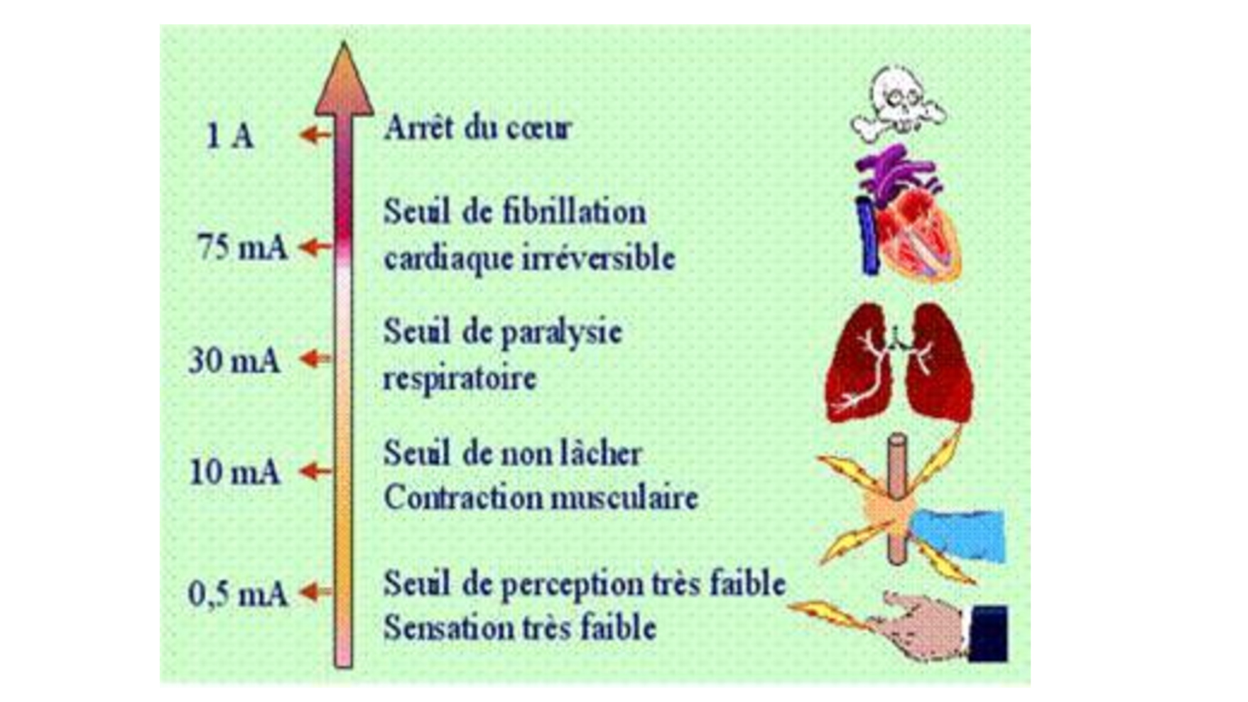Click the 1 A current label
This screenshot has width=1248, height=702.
(x=229, y=135)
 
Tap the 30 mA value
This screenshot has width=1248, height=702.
(x=234, y=360)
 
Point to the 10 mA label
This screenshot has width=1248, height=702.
(x=235, y=472)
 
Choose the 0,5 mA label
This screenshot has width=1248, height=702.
(x=238, y=594)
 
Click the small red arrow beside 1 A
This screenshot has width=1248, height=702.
(x=315, y=134)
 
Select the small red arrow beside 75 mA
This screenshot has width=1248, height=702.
(x=315, y=247)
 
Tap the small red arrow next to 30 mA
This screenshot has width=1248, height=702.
(x=315, y=359)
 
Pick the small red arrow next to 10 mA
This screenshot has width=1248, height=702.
(x=315, y=470)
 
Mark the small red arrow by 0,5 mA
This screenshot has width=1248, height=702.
(x=315, y=591)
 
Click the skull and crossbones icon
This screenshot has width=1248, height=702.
(x=899, y=102)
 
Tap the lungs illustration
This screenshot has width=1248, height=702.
(x=899, y=362)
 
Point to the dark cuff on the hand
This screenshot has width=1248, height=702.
(x=988, y=633)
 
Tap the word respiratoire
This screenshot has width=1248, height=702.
(x=460, y=378)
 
